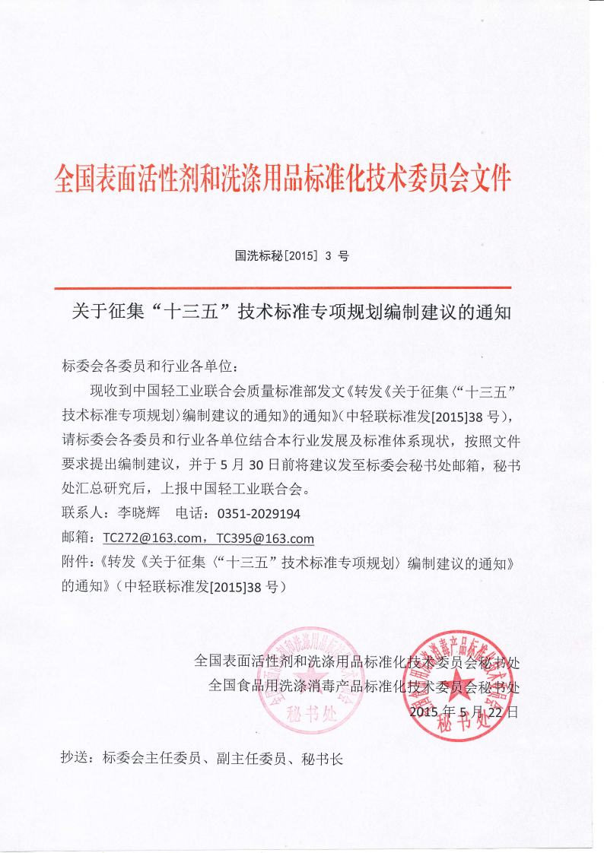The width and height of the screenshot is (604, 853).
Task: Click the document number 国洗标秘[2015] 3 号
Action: pyautogui.click(x=292, y=256)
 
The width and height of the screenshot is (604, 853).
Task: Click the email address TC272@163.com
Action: pyautogui.click(x=149, y=538)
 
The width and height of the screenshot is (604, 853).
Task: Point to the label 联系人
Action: pyautogui.click(x=81, y=514)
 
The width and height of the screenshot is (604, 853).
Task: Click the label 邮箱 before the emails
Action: pyautogui.click(x=75, y=538)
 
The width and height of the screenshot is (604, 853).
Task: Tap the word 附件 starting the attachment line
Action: pyautogui.click(x=75, y=563)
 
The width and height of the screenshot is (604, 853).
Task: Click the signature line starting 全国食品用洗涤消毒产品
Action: pyautogui.click(x=364, y=687)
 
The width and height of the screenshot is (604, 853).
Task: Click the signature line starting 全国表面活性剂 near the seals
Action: pyautogui.click(x=358, y=661)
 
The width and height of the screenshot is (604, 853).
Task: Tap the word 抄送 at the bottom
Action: pyautogui.click(x=75, y=758)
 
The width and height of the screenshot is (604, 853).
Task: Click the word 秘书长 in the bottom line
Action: pyautogui.click(x=323, y=758)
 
